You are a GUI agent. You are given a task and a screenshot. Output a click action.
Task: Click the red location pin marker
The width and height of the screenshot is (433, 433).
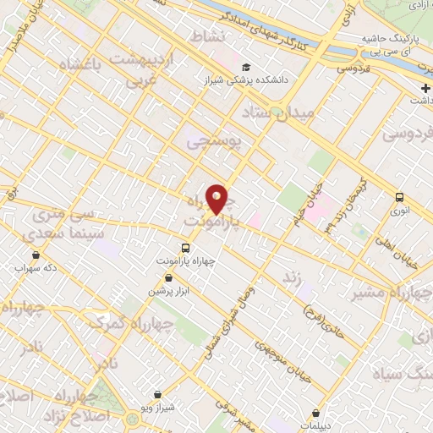tap(217, 199)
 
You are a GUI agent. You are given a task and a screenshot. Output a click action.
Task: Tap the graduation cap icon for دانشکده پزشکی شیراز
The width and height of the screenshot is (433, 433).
tap(245, 68)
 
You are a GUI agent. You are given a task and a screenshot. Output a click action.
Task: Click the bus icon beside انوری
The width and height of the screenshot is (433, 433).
tap(399, 197)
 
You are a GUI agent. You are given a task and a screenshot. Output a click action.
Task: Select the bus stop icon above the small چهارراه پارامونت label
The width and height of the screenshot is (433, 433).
tap(185, 249)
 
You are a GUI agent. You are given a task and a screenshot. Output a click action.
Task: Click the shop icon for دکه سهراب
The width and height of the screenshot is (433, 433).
tap(36, 255)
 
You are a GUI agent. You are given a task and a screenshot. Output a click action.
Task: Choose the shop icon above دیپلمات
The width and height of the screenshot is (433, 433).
tap(317, 414)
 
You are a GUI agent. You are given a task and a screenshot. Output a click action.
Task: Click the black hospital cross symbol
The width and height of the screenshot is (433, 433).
tap(426, 89)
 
